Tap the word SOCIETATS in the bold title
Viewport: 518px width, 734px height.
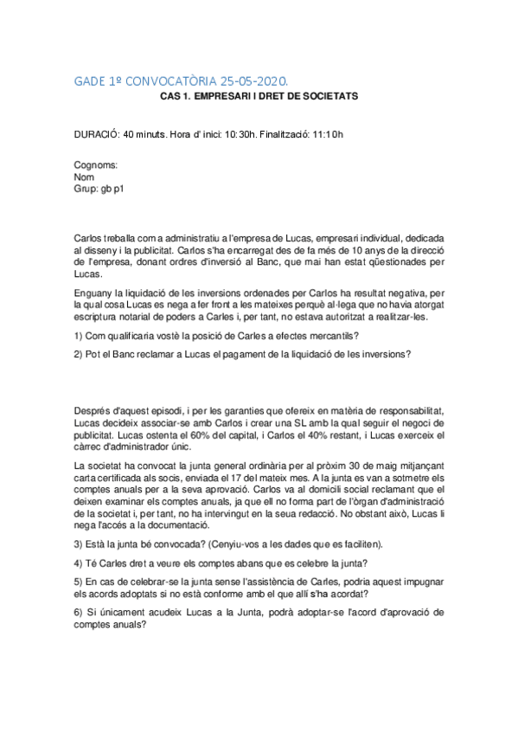coord(327,96)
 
